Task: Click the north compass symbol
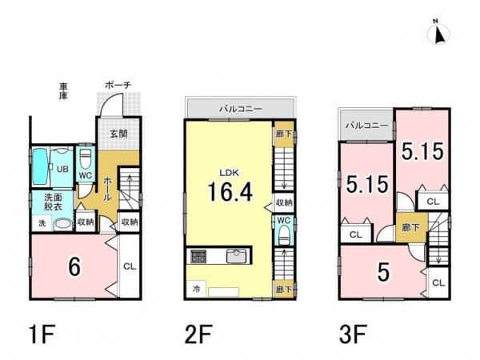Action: [x=438, y=33]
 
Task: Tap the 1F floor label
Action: [x=42, y=334]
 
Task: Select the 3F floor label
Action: [x=353, y=334]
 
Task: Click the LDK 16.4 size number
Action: [x=230, y=192]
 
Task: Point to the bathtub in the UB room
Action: [x=41, y=166]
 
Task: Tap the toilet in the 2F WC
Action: [x=284, y=235]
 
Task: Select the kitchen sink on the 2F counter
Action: [x=236, y=256]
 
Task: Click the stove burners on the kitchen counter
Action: [x=198, y=256]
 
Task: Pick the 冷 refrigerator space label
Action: [x=196, y=288]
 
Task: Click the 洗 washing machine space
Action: [x=42, y=223]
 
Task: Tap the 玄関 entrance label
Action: [x=118, y=134]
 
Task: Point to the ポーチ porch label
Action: [x=118, y=85]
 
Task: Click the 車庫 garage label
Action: [x=63, y=91]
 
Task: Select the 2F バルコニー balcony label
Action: [x=241, y=109]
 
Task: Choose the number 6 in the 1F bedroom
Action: [x=74, y=266]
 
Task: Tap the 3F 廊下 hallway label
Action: [x=411, y=227]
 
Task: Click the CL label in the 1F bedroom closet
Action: [x=129, y=266]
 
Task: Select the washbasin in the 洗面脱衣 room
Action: [x=63, y=224]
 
